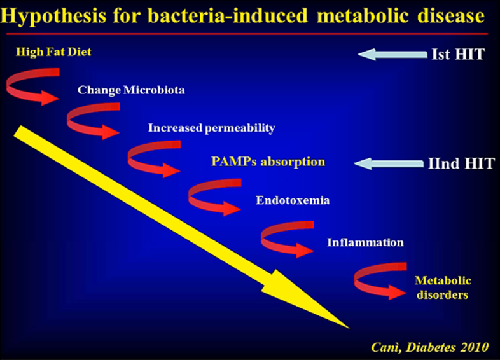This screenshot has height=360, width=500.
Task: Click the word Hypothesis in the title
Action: [53, 17]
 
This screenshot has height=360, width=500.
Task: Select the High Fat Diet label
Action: [53, 52]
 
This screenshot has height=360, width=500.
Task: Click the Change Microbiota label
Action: [131, 90]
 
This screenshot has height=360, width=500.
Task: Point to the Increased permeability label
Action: [211, 128]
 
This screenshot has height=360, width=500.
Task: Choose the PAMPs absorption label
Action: [268, 162]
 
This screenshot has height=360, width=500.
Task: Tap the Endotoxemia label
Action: [293, 200]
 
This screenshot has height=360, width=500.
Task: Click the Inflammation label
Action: [365, 242]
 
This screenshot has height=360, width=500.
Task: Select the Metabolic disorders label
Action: [443, 287]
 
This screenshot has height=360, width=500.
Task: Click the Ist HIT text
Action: [458, 54]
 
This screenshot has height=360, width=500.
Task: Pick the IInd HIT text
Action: [461, 163]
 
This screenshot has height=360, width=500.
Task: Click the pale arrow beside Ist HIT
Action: [392, 55]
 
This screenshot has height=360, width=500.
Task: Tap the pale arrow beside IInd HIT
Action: [389, 164]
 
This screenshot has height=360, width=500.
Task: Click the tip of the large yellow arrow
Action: [350, 328]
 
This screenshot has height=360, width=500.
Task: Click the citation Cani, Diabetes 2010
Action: [429, 347]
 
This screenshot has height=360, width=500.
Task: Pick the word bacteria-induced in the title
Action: [228, 16]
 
